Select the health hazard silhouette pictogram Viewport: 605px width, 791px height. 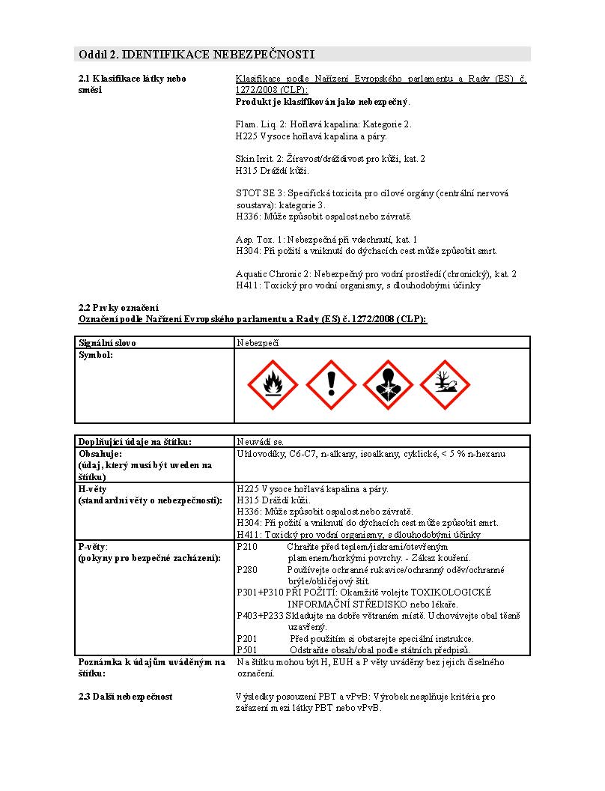(x=386, y=385)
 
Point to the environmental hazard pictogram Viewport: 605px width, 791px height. (x=446, y=385)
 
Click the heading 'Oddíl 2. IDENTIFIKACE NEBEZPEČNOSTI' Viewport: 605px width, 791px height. (x=196, y=54)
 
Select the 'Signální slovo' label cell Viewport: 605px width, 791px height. (x=108, y=342)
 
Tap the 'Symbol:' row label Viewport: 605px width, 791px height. (x=96, y=354)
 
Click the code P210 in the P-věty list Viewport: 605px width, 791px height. (x=247, y=547)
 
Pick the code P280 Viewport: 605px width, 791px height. (x=247, y=570)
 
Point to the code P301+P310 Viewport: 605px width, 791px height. (x=260, y=593)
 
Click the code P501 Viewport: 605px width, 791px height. (x=247, y=649)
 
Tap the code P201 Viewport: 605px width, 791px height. (x=247, y=638)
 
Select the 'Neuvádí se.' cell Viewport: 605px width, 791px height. (x=260, y=441)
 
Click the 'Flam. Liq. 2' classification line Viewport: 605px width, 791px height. (x=323, y=124)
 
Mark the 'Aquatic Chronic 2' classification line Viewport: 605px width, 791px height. (x=376, y=274)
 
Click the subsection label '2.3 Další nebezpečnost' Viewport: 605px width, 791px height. (x=126, y=697)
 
